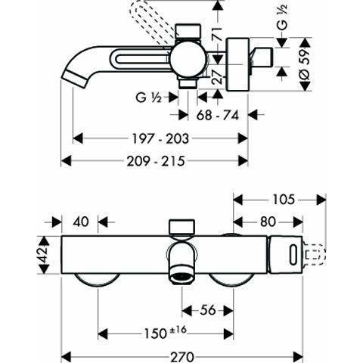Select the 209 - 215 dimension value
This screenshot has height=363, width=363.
(x=154, y=160)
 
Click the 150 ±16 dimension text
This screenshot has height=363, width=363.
(x=165, y=333)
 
